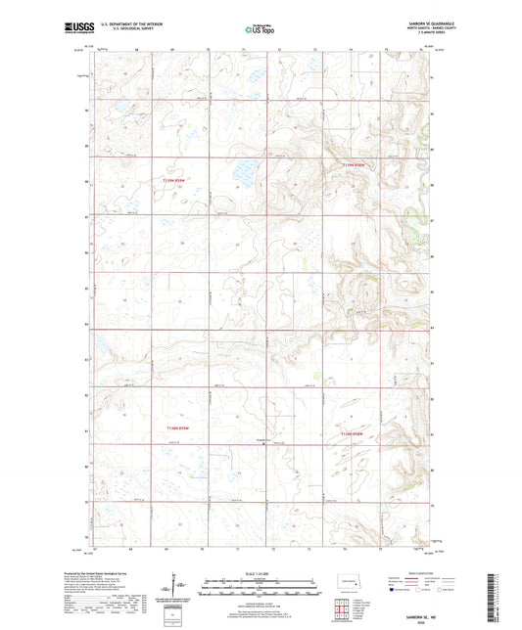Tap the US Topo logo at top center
click(x=259, y=30)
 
